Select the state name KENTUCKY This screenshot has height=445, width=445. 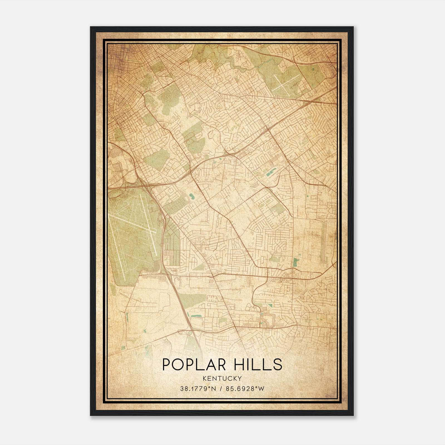(x=222, y=378)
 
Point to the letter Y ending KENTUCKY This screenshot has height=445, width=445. (x=240, y=378)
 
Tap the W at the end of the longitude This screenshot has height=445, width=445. (x=261, y=389)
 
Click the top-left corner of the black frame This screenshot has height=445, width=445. (x=91, y=27)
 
